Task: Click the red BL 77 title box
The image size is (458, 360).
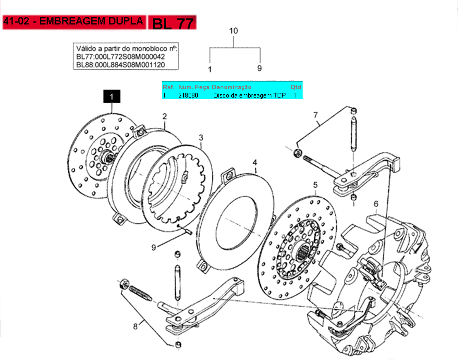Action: [173, 22]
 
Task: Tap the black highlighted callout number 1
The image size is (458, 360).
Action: [112, 96]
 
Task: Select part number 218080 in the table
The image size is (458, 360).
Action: [188, 95]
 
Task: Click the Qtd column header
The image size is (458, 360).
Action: [295, 87]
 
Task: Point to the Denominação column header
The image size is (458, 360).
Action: [231, 87]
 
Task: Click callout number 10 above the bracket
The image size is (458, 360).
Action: [233, 31]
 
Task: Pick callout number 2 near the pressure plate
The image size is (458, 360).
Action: [165, 117]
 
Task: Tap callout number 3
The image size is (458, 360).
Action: [201, 137]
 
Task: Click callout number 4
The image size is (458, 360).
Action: [255, 162]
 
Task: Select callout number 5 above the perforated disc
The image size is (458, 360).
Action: [315, 185]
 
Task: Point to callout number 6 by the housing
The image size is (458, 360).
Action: [376, 204]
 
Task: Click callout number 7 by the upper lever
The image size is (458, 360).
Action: [315, 115]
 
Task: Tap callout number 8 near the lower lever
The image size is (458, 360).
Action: [135, 326]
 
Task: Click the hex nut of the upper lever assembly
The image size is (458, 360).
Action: [297, 153]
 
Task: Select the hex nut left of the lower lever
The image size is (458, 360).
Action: [124, 284]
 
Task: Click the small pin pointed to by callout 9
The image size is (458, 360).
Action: [187, 231]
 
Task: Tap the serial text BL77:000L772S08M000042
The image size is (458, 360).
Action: [120, 57]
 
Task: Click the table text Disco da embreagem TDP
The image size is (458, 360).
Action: [249, 95]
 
